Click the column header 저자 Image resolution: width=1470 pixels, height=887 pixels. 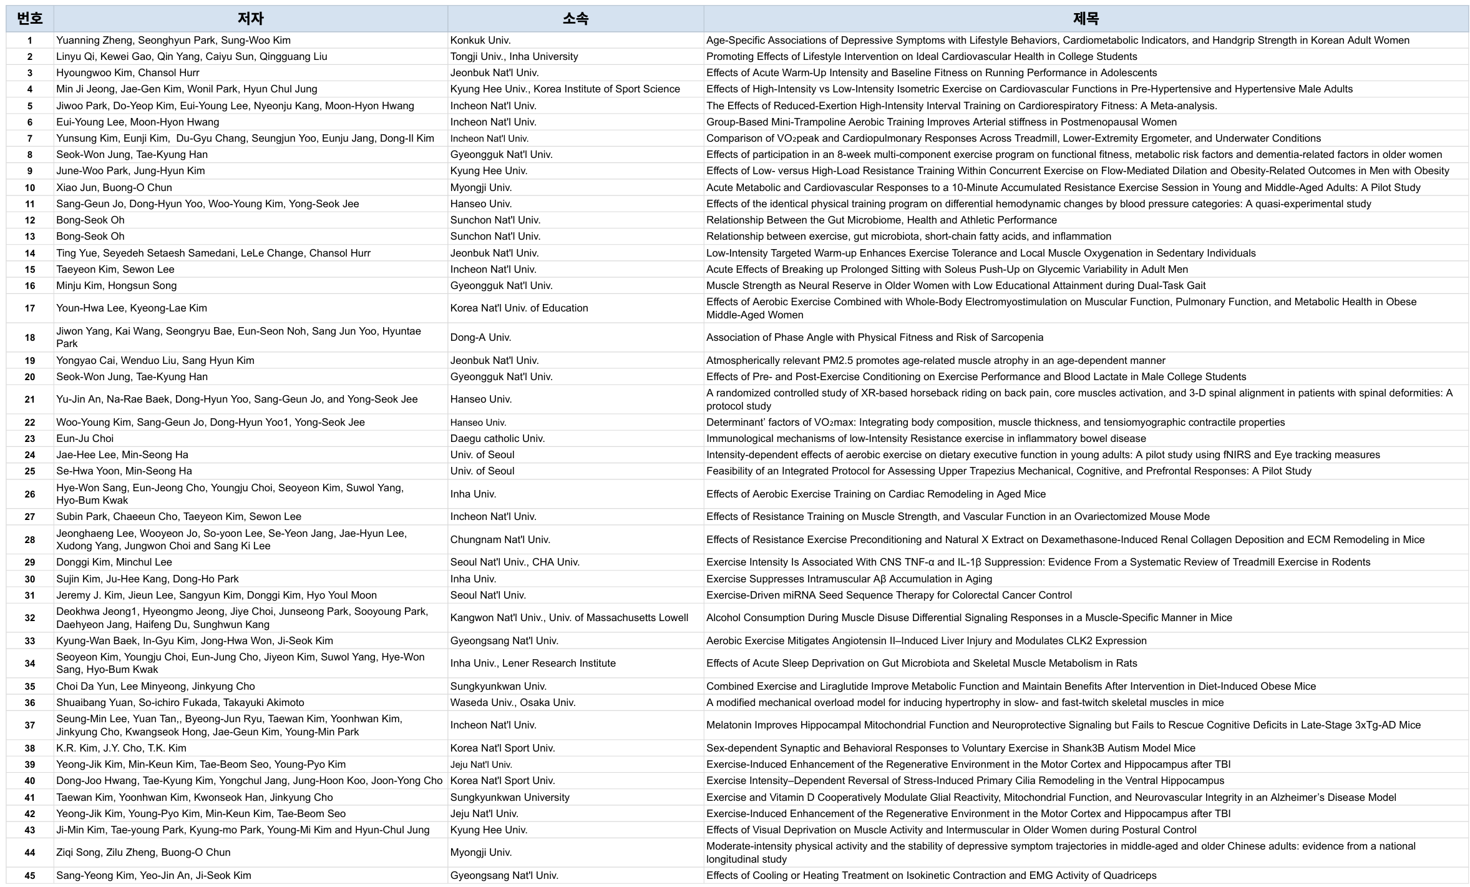[250, 19]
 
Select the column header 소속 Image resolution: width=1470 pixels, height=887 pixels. [575, 19]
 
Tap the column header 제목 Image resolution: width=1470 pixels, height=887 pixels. [1085, 19]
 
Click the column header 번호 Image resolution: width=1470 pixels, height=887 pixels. [29, 19]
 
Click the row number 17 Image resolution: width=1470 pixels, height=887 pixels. [29, 308]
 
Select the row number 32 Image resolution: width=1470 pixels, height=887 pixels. [29, 618]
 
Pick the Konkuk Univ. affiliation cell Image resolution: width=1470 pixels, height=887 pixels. [480, 41]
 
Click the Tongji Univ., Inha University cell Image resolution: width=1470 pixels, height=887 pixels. [514, 57]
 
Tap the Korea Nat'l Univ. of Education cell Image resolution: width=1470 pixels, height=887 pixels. [519, 308]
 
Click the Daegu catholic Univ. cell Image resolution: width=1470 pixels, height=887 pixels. [497, 439]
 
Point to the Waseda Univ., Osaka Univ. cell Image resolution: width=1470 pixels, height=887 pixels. [513, 703]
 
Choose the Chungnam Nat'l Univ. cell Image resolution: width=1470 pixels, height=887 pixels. [500, 540]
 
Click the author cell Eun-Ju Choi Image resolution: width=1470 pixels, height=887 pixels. [85, 439]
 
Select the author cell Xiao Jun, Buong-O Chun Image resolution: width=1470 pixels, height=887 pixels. [114, 188]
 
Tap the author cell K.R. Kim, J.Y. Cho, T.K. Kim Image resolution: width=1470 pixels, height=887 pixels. [121, 748]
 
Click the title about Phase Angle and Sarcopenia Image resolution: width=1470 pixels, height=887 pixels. [874, 338]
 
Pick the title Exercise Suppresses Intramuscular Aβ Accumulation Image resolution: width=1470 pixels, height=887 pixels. [849, 579]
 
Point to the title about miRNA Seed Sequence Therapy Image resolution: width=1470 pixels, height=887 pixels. [888, 595]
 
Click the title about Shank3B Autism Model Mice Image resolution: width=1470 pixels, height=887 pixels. [950, 748]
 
